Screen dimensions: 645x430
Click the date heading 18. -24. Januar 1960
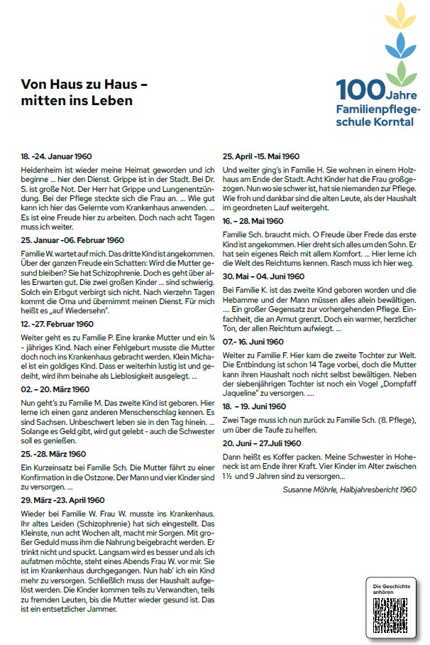coord(57,156)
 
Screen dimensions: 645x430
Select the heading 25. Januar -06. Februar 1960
coord(73,240)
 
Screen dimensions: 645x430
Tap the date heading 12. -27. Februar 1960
coord(57,324)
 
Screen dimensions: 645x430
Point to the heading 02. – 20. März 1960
coord(55,389)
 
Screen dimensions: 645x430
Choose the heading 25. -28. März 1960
coord(53,454)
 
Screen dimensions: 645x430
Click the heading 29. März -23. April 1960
coord(63,500)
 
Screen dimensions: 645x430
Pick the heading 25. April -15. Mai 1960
coord(261,156)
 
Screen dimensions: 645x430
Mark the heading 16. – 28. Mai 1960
coord(253,222)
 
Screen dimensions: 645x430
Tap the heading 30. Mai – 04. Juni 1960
coord(264,277)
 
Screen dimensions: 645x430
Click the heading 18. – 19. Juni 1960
coord(255,406)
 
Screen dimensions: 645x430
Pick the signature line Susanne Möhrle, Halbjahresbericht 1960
coord(349,489)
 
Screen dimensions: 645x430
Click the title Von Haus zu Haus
coord(84,85)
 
